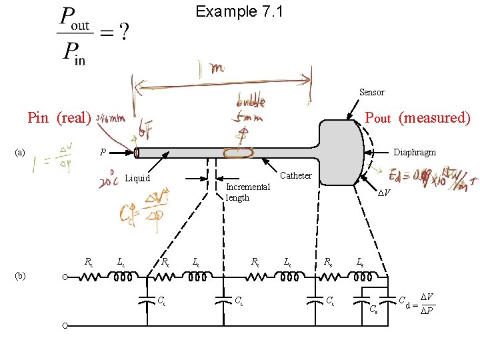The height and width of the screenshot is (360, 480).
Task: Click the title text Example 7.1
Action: (239, 11)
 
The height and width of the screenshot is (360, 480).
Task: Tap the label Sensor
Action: (371, 92)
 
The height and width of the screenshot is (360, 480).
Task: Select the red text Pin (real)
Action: (59, 118)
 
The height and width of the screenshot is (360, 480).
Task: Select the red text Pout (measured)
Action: (417, 118)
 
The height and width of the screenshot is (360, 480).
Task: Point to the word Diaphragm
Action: (415, 152)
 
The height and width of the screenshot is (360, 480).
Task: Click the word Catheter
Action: (295, 175)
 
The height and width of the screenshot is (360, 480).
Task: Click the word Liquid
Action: (138, 178)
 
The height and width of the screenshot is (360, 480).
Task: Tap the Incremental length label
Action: (247, 192)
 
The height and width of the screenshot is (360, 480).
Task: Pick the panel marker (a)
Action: (19, 152)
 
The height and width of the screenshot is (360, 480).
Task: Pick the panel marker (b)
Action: (19, 275)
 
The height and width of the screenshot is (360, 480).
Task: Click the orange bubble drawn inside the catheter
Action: (239, 153)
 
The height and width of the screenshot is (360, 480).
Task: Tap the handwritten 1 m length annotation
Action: (217, 69)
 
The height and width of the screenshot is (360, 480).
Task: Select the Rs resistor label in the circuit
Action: (329, 262)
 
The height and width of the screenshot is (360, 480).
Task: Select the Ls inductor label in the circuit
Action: (360, 262)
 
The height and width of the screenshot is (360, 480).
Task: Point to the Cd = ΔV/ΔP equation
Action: (417, 301)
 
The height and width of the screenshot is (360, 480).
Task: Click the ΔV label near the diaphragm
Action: (383, 193)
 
